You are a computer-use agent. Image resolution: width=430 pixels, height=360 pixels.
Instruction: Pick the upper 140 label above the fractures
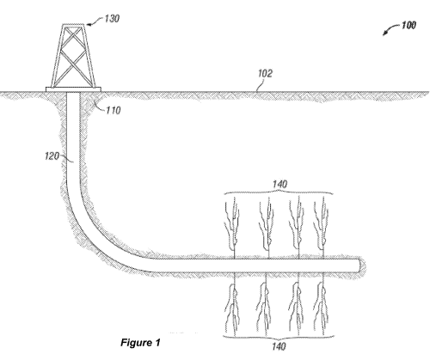(279, 184)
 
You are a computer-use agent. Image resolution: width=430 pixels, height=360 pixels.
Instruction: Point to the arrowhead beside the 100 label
(384, 32)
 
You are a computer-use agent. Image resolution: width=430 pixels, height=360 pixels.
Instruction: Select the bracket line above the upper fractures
(279, 192)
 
